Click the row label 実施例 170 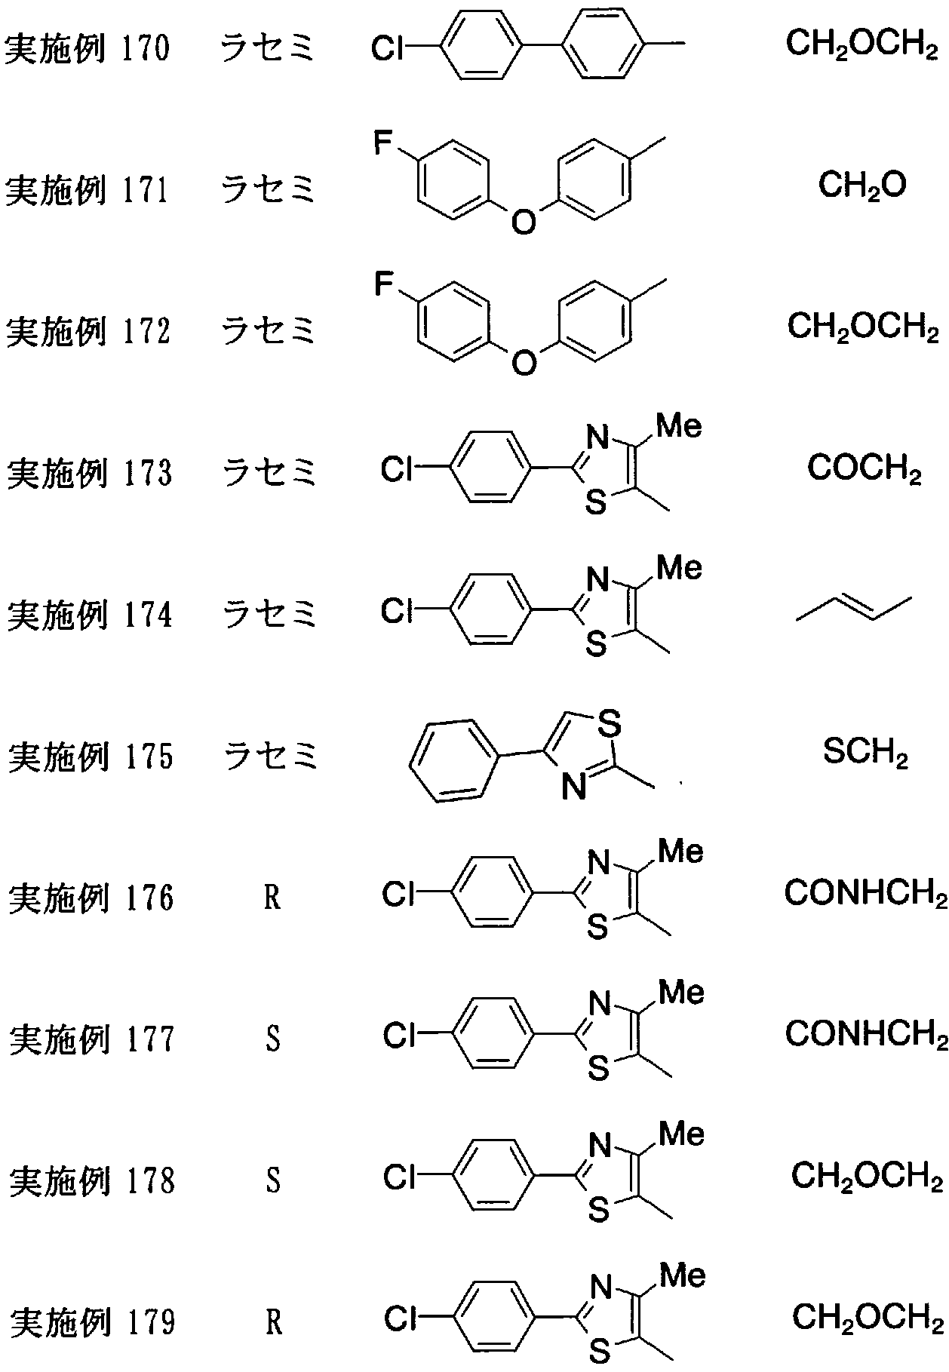click(x=88, y=48)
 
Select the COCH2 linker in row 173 click(x=865, y=469)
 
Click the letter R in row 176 click(x=272, y=898)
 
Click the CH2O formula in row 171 click(x=862, y=185)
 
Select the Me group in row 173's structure click(x=679, y=427)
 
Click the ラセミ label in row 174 click(x=269, y=613)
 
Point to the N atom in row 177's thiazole click(x=599, y=1003)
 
